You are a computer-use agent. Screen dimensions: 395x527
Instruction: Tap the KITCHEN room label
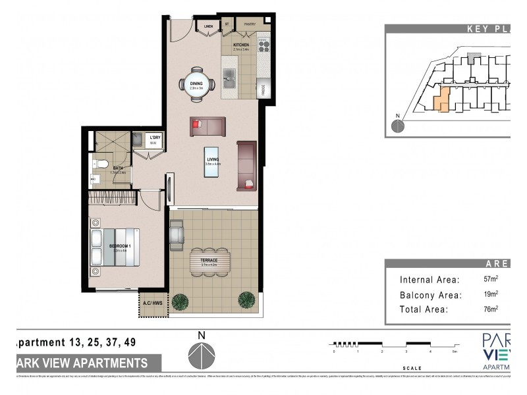point(240,45)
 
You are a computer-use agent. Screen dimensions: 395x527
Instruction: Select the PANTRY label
point(250,25)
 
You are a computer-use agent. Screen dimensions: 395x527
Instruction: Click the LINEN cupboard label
point(209,26)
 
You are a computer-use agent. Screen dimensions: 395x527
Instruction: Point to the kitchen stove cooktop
point(263,45)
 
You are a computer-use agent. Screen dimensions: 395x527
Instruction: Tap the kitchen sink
point(229,82)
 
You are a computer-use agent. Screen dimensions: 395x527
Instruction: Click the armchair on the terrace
point(177,234)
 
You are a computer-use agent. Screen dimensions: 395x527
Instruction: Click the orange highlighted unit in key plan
point(442,101)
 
